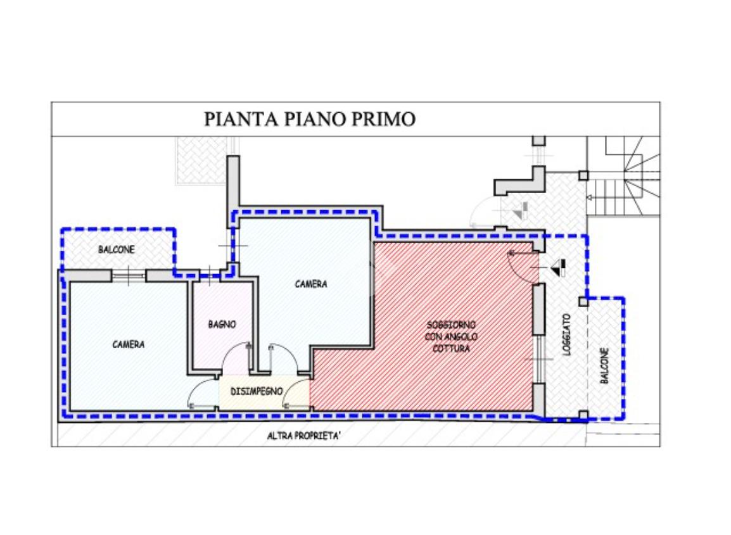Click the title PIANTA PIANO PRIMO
pos(310,119)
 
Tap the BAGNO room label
pos(222,324)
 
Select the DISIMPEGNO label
pos(257,391)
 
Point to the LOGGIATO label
pos(567,334)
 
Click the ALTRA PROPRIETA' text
pos(304,436)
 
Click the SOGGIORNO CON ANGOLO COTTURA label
pos(451,336)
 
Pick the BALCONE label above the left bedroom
pos(117,250)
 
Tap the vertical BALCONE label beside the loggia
pos(604,365)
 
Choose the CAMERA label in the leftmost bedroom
pos(128,344)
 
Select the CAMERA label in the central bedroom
pos(311,284)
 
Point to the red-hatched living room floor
pos(422,326)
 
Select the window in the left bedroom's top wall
pos(129,276)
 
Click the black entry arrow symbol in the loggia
pos(558,268)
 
